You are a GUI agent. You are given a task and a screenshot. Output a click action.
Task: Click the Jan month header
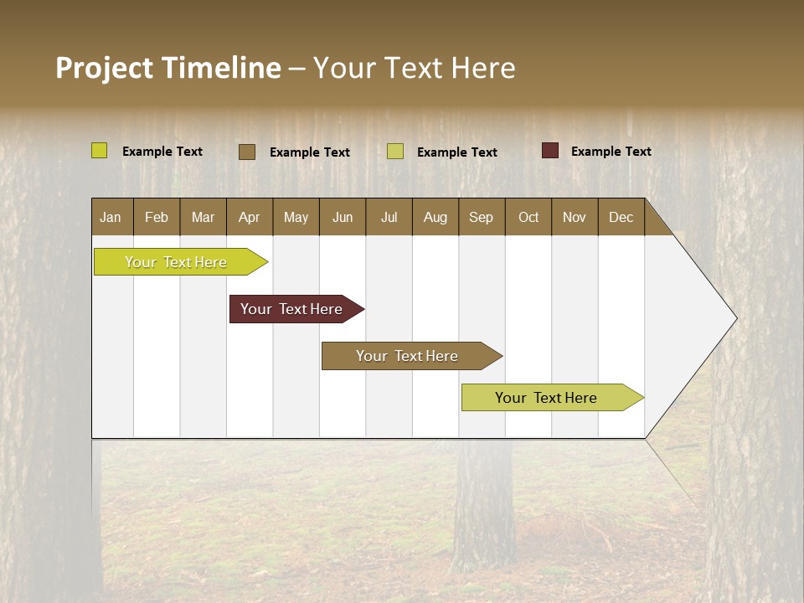(x=111, y=217)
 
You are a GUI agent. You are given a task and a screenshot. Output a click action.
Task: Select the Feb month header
(x=157, y=217)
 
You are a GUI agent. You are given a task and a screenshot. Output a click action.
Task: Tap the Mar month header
(x=203, y=217)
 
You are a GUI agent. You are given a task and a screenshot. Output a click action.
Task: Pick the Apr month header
(x=250, y=217)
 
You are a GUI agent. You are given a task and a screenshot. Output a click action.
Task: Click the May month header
(x=296, y=217)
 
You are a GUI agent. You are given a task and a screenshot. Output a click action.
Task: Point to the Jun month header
(x=343, y=217)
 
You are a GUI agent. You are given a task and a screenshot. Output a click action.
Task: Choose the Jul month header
(x=389, y=217)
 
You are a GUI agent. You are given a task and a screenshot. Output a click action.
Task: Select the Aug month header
(x=435, y=217)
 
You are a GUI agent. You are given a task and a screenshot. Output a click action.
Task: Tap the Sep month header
(x=482, y=217)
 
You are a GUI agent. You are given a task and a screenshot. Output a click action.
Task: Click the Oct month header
(x=528, y=217)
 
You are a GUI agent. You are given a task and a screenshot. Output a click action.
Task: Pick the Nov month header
(x=575, y=217)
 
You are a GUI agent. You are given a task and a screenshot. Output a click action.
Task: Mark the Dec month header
(x=621, y=217)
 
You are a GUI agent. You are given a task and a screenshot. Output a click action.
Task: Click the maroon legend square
(x=550, y=151)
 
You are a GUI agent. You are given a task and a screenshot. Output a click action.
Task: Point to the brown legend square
(x=247, y=152)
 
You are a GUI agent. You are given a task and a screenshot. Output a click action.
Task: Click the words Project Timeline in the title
(x=168, y=68)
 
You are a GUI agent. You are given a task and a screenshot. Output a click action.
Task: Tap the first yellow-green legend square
(x=100, y=151)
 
